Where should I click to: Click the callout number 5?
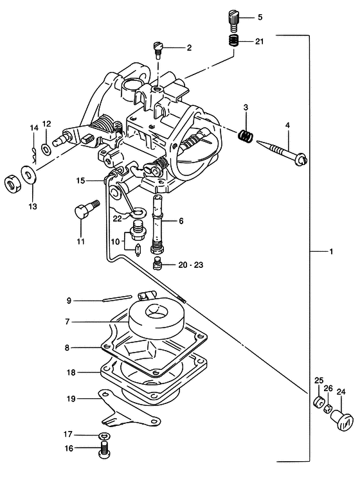260,17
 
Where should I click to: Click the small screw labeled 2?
157,50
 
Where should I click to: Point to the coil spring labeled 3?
246,136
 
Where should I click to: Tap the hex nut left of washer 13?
13,184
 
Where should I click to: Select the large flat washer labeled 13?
29,175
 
